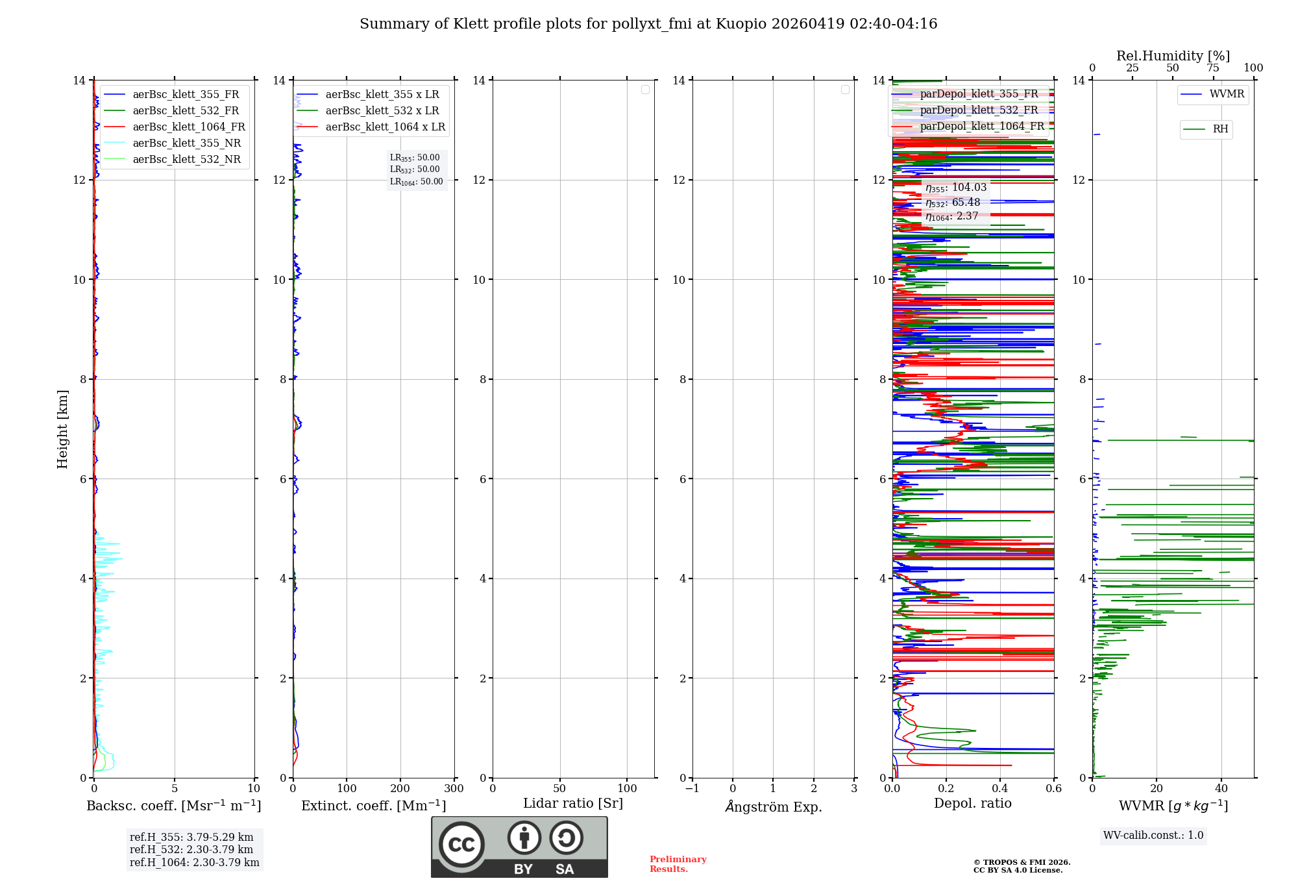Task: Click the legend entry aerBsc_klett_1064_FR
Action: coord(188,127)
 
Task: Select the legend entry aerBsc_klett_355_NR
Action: coord(186,143)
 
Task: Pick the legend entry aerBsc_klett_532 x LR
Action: coord(382,110)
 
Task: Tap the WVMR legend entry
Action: coord(1226,94)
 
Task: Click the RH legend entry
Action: coord(1219,129)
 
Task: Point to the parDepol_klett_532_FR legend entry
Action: coord(978,110)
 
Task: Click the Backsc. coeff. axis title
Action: coord(173,806)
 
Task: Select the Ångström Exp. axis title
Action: coord(773,806)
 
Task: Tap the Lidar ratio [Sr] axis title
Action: coord(572,803)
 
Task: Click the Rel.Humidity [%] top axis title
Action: coord(1173,56)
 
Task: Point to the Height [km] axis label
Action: coord(62,429)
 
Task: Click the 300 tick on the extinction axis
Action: coord(454,788)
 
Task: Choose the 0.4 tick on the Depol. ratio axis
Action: coord(1000,788)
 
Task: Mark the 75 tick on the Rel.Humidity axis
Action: coord(1212,68)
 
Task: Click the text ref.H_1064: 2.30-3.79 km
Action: coord(194,862)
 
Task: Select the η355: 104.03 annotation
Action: coord(955,188)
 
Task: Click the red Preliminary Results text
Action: coord(678,864)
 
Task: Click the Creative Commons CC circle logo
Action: coord(461,845)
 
